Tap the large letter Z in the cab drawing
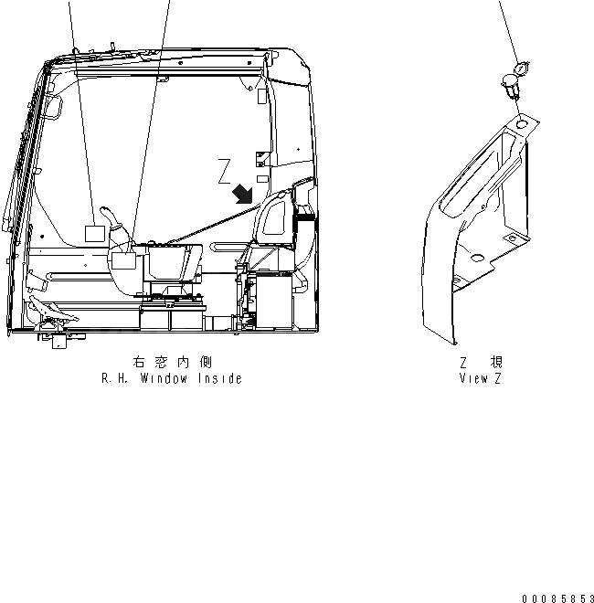pos(225,171)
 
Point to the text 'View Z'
pos(480,378)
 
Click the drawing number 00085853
pos(557,598)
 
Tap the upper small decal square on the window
pos(93,232)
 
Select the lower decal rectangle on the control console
pos(122,260)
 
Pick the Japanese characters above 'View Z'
pos(480,363)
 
